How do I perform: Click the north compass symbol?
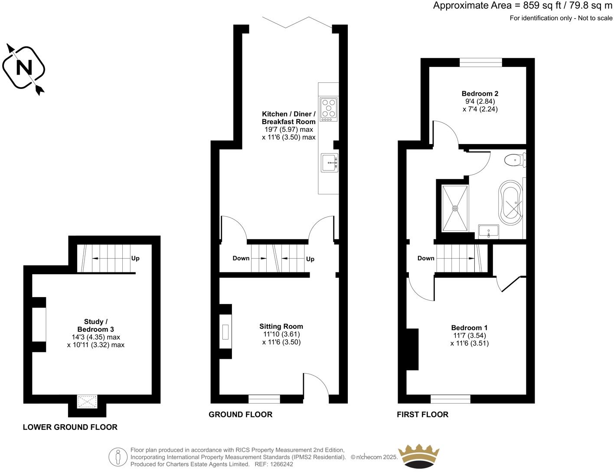(x=24, y=68)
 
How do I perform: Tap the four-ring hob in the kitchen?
(x=328, y=108)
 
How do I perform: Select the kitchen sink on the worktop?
(x=329, y=163)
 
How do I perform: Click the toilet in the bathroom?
(x=514, y=161)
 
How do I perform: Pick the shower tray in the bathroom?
(x=455, y=208)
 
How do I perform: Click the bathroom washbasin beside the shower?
(x=489, y=231)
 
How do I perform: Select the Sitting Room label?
(x=281, y=326)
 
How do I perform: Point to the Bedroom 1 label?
(x=469, y=328)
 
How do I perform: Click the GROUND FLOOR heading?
(x=240, y=414)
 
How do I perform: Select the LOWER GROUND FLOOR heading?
(x=70, y=427)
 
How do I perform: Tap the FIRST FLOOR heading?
(x=422, y=414)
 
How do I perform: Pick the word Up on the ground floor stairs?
(x=310, y=259)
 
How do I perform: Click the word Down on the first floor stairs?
(x=425, y=258)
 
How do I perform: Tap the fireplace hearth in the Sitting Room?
(x=225, y=332)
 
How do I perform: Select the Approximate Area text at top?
(x=523, y=6)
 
